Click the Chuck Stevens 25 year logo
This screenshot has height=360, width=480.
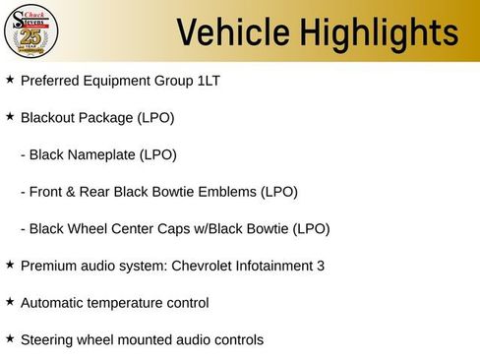coord(32,31)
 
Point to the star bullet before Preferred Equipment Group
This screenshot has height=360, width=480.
coord(10,79)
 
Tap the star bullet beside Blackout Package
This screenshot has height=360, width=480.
coord(10,116)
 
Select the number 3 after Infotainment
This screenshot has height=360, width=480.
coord(321,266)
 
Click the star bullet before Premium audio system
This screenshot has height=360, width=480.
coord(10,264)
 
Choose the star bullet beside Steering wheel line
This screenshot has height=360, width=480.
coord(10,338)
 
